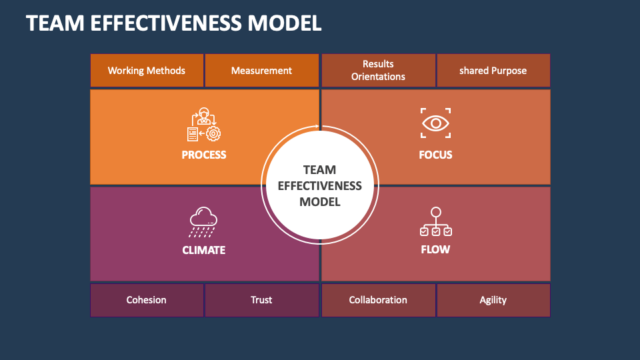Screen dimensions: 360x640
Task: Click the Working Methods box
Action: pyautogui.click(x=147, y=71)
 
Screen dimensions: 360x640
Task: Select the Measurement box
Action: pyautogui.click(x=261, y=71)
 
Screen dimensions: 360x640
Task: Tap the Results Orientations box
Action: pyautogui.click(x=378, y=71)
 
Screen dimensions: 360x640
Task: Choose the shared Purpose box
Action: pyautogui.click(x=493, y=71)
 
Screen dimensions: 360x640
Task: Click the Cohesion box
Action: pyautogui.click(x=147, y=300)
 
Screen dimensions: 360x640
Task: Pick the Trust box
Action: pyautogui.click(x=261, y=300)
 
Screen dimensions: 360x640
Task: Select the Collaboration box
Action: pyautogui.click(x=378, y=300)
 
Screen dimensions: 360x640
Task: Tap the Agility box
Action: pyautogui.click(x=493, y=300)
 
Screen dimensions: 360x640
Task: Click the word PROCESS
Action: pyautogui.click(x=204, y=155)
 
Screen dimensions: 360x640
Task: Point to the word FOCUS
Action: pyautogui.click(x=435, y=155)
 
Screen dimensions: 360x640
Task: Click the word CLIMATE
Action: pyautogui.click(x=204, y=250)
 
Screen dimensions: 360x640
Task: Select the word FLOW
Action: pyautogui.click(x=435, y=249)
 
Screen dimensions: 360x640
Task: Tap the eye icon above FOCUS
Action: pyautogui.click(x=435, y=123)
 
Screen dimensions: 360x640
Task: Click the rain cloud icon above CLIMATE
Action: pyautogui.click(x=204, y=222)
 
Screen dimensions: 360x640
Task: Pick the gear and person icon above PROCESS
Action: pyautogui.click(x=204, y=125)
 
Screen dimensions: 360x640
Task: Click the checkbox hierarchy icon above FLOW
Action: pyautogui.click(x=435, y=222)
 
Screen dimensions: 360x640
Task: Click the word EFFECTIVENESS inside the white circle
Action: pyautogui.click(x=320, y=185)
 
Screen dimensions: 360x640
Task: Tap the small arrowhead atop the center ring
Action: pyautogui.click(x=318, y=126)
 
